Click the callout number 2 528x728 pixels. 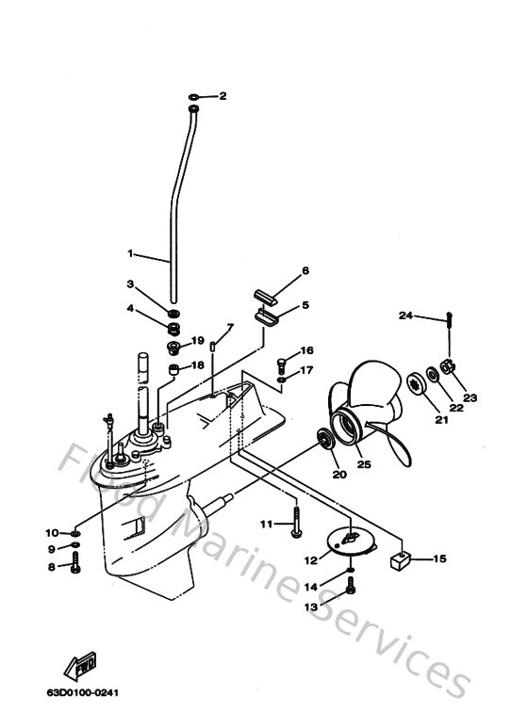tap(223, 96)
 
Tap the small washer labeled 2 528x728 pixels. tap(194, 96)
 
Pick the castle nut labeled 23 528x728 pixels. tap(449, 367)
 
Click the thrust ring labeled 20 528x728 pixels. tap(326, 438)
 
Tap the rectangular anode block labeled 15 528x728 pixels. tap(400, 560)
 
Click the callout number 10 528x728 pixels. tap(53, 533)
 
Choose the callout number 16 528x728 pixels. tap(306, 350)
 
